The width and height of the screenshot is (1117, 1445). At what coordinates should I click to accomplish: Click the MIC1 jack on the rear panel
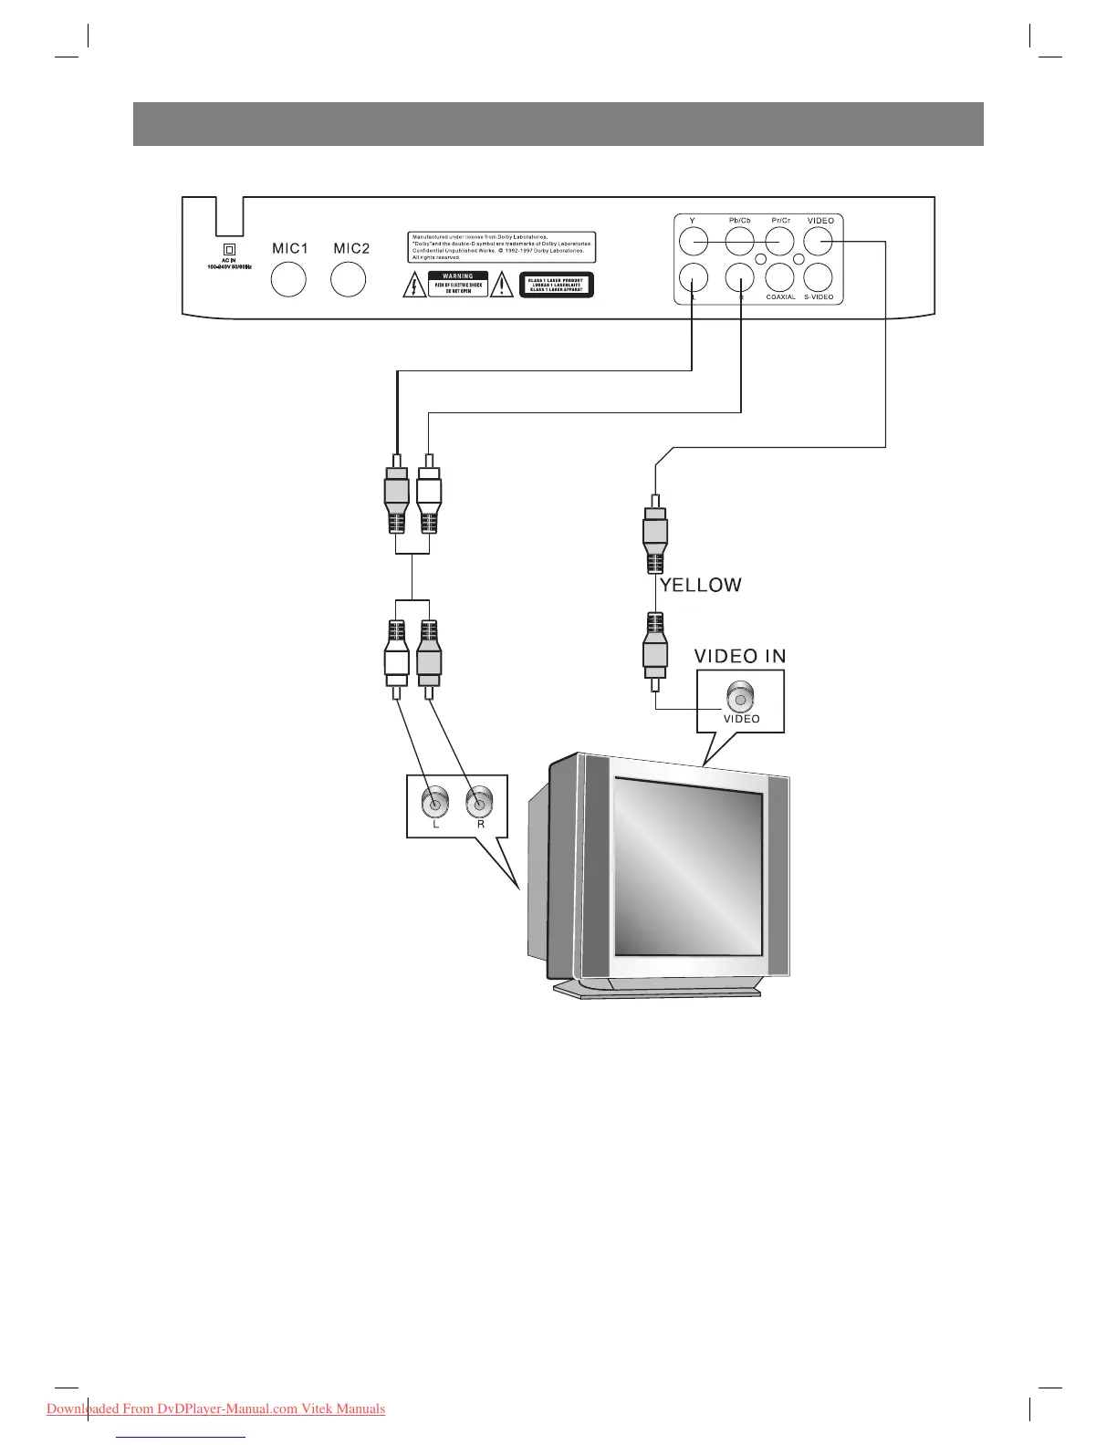(289, 279)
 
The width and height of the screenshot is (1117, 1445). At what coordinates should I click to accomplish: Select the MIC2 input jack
(349, 279)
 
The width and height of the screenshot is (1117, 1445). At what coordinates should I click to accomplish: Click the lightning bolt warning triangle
(415, 286)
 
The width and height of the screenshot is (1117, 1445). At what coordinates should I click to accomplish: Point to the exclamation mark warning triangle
(502, 286)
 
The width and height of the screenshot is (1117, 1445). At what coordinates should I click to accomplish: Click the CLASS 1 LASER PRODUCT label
(557, 286)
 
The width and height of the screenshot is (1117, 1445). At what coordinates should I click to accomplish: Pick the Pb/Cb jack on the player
(739, 241)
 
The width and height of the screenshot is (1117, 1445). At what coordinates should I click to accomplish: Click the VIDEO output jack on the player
(819, 241)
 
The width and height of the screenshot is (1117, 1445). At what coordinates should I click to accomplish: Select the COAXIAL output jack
(780, 277)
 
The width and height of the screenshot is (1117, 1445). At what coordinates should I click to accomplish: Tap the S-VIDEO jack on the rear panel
(819, 277)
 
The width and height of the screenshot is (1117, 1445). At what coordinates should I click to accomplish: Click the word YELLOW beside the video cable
(701, 586)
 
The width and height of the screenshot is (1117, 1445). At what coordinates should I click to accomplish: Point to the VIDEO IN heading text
(740, 656)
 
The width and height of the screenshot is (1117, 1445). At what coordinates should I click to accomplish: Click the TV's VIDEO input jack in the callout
(740, 699)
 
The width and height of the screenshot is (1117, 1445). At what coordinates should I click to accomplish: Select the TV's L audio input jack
(435, 804)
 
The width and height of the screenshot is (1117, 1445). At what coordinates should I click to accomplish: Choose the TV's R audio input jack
(480, 804)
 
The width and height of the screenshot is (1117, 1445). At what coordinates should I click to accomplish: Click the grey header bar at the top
(558, 124)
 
